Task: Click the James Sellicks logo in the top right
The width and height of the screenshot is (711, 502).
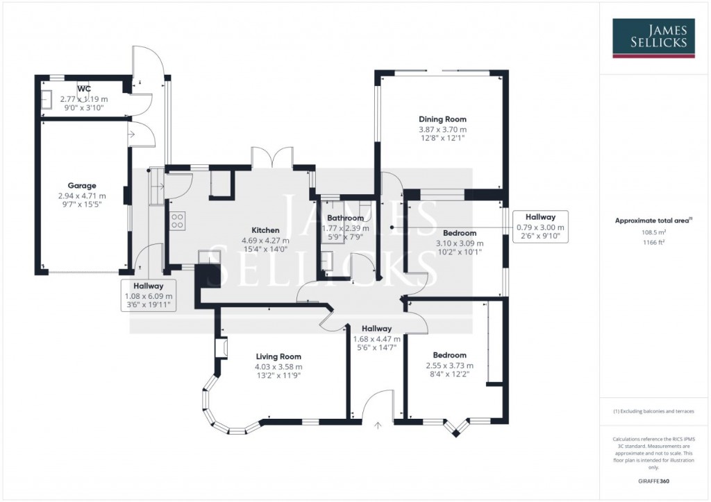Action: tap(653, 37)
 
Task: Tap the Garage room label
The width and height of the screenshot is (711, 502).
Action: tap(82, 186)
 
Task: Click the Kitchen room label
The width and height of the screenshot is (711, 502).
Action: tap(265, 230)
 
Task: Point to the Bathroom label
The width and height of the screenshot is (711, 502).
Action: tap(345, 218)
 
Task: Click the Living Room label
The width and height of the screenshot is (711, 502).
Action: tap(278, 356)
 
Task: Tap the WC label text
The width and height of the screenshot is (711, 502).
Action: tap(84, 89)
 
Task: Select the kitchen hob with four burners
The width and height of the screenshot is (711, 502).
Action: tap(177, 220)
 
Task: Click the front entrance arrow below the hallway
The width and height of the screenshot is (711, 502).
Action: tap(378, 426)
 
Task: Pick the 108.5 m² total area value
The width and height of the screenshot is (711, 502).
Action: tap(653, 233)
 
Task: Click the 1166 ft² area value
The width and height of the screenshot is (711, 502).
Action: tap(653, 243)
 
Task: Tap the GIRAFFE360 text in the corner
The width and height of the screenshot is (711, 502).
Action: tap(653, 481)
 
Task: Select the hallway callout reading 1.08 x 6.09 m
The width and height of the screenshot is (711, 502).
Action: tap(149, 295)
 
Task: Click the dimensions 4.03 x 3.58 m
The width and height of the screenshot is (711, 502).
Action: tap(278, 367)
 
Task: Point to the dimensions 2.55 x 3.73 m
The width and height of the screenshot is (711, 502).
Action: tap(449, 366)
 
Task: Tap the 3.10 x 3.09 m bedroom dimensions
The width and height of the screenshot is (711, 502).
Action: tap(459, 243)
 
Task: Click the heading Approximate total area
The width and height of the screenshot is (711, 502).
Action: tap(653, 220)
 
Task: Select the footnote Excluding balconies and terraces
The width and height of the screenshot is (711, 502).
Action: tap(653, 411)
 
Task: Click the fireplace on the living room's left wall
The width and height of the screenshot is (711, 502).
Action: tap(222, 348)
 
